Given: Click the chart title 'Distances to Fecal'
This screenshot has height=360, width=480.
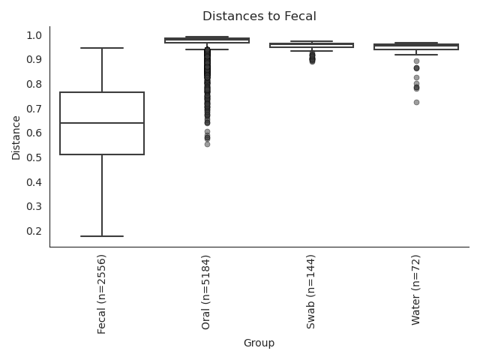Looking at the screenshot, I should [259, 16].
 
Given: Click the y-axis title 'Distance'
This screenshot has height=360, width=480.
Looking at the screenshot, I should [16, 136].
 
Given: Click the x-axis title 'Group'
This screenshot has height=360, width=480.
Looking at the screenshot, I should [259, 343].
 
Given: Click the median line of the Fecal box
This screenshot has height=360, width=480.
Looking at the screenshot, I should [102, 123].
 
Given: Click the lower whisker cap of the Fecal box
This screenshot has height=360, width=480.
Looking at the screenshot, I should [102, 236].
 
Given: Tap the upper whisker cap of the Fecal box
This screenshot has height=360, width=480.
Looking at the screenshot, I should [102, 48].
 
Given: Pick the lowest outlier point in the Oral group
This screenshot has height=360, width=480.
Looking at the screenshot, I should [207, 144].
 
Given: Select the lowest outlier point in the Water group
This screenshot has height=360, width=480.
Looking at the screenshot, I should [416, 102].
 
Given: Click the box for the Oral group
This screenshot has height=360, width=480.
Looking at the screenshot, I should [207, 40].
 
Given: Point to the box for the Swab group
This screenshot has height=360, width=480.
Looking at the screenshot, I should [312, 45].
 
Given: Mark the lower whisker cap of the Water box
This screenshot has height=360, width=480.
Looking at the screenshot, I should [416, 55].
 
